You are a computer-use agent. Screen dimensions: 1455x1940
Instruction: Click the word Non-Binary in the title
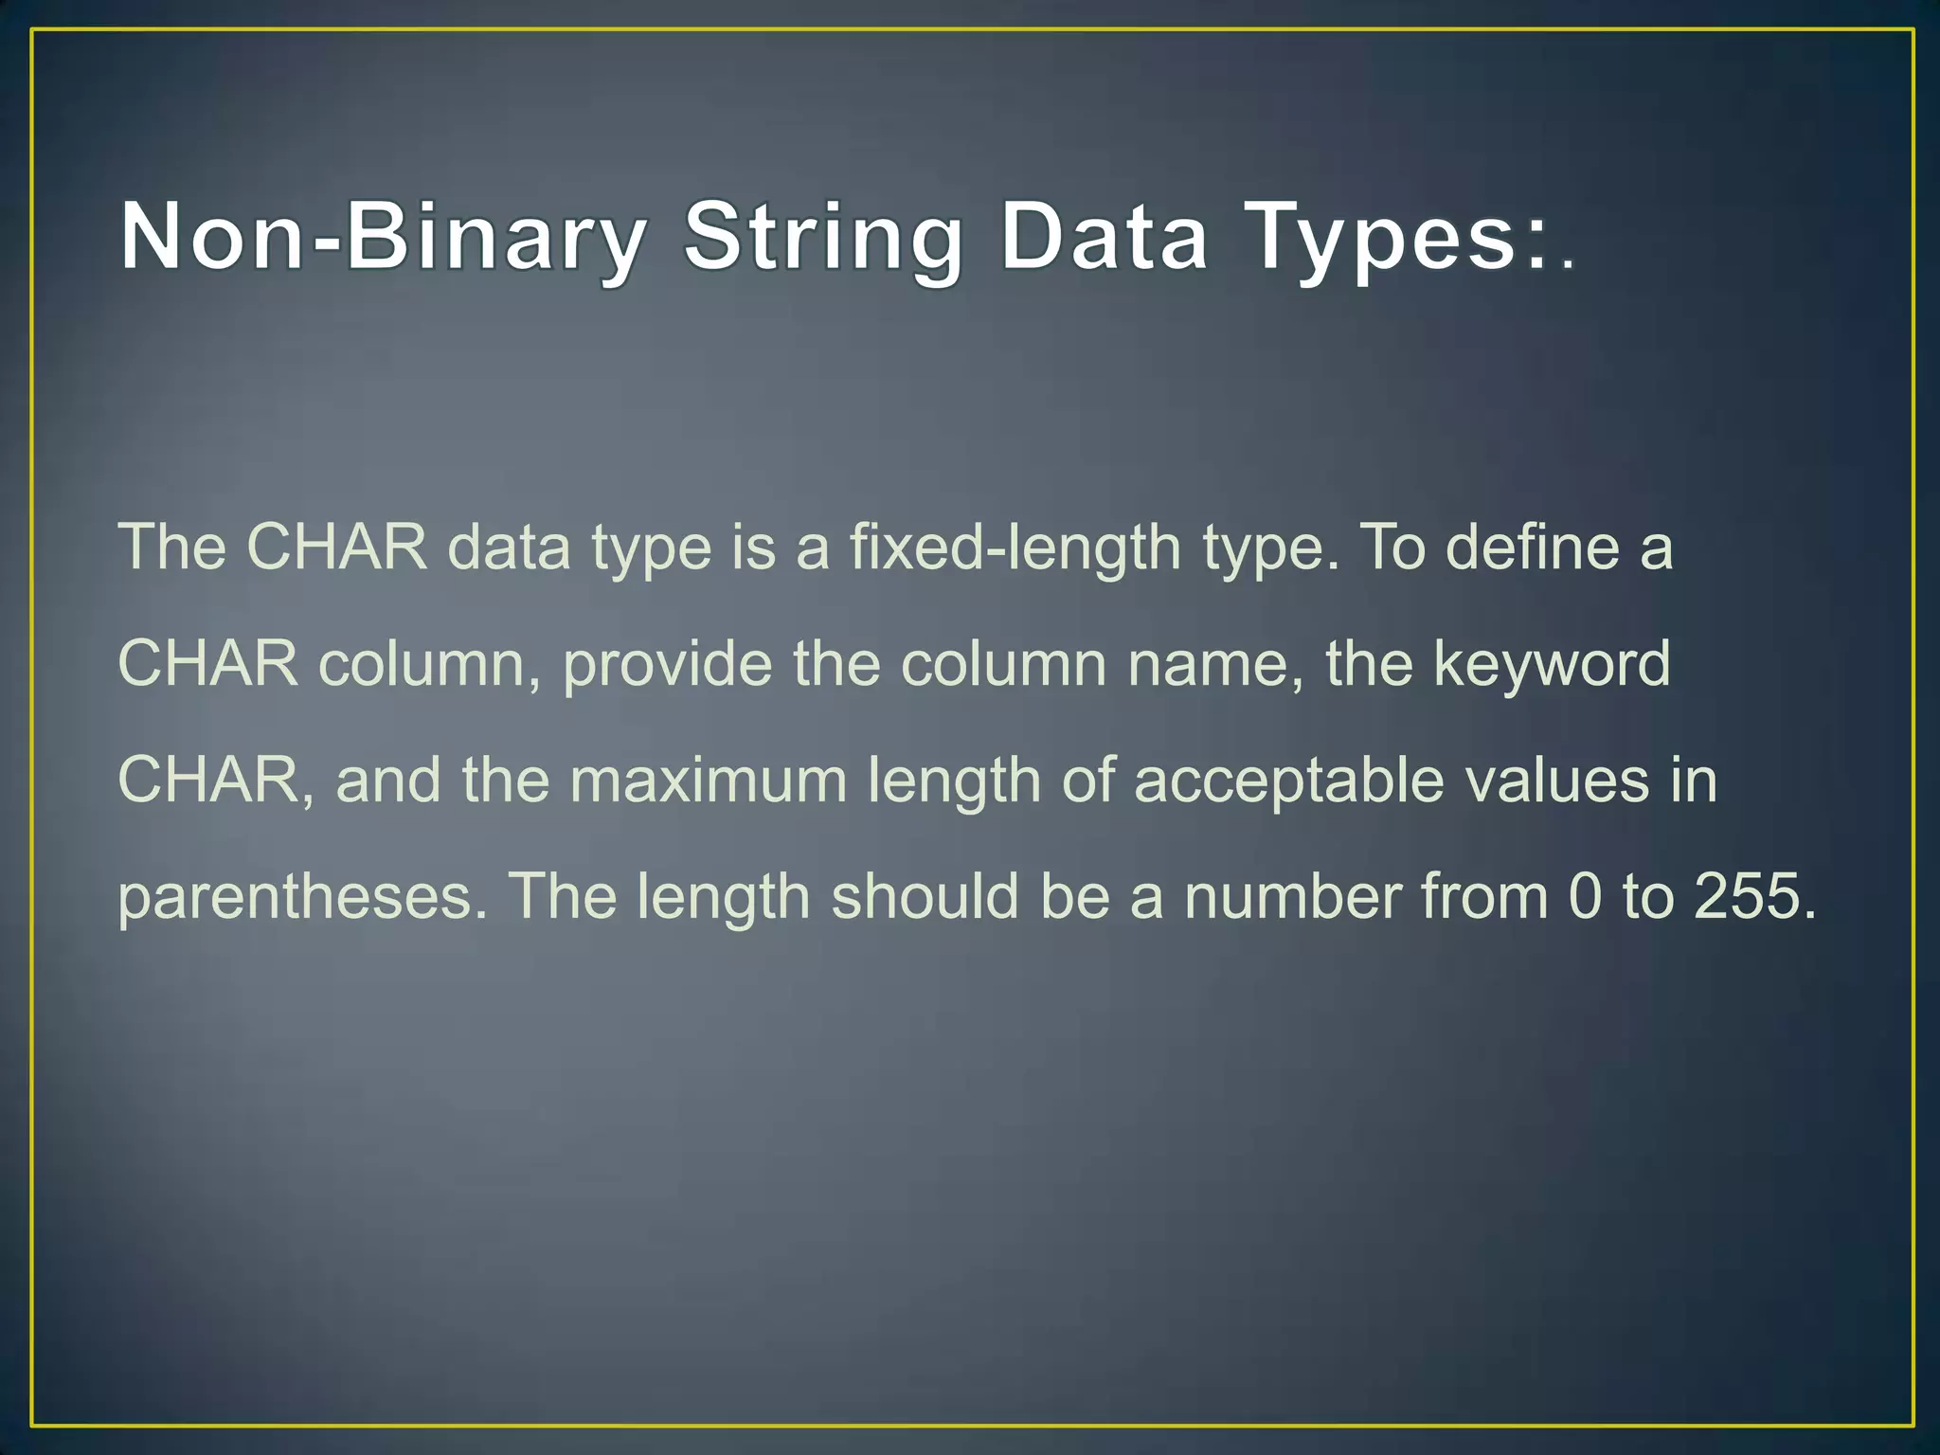[384, 237]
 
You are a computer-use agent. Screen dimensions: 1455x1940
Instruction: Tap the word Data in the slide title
[1104, 237]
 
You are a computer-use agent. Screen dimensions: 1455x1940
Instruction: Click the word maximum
[709, 781]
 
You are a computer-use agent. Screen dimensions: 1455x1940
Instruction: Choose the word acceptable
[1288, 782]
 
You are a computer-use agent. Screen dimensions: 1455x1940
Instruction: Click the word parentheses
[301, 898]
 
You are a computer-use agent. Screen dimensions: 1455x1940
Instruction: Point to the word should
[925, 896]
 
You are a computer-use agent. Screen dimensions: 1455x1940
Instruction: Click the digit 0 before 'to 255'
[1585, 896]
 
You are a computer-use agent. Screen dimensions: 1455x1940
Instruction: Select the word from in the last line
[1484, 896]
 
